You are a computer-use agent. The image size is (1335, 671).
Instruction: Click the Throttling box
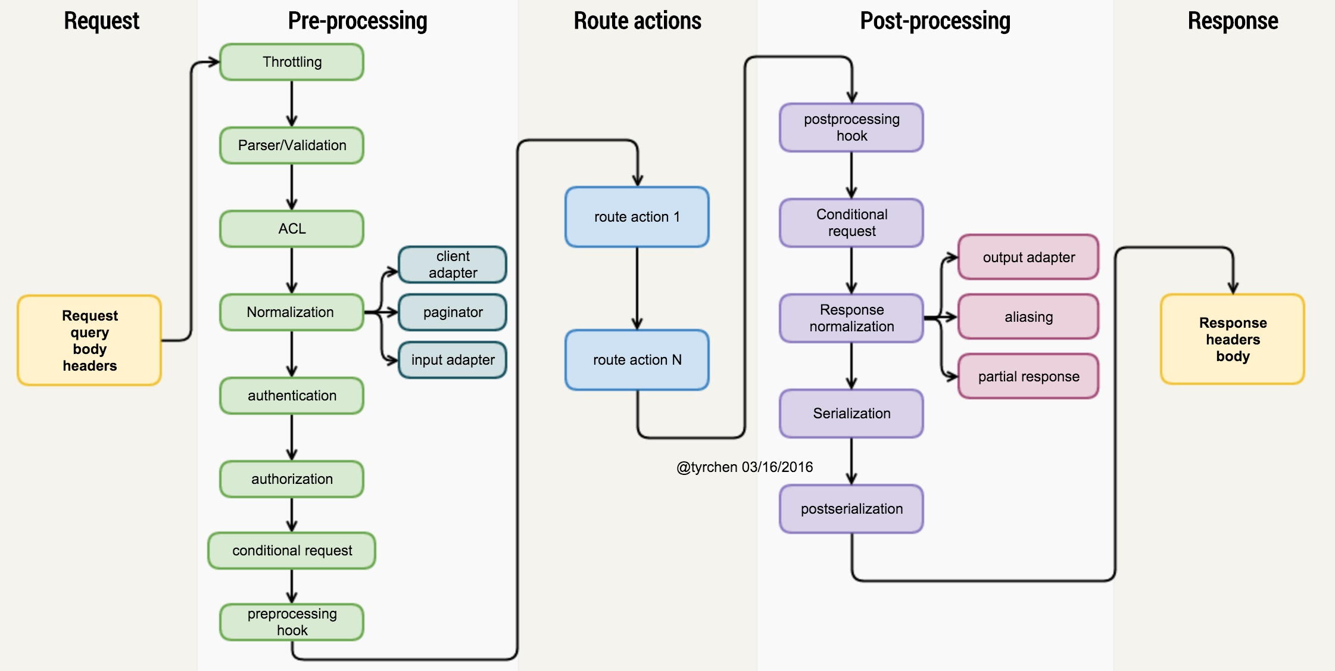292,62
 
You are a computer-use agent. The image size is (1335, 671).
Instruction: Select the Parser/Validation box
292,145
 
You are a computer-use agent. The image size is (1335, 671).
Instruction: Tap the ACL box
292,229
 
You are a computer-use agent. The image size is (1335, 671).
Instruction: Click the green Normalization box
291,312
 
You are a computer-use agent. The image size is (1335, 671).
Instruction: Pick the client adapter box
453,265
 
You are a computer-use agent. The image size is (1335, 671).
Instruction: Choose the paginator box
453,312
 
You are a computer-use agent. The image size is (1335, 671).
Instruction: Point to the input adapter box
453,360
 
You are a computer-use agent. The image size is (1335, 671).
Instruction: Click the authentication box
292,396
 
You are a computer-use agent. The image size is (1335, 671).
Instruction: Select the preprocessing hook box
292,622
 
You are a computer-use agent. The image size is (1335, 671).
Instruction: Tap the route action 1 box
637,217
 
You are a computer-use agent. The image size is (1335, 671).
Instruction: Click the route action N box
637,360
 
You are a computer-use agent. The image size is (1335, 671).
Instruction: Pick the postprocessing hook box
851,128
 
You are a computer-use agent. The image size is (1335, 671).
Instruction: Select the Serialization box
851,414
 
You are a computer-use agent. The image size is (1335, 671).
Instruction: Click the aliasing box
1028,317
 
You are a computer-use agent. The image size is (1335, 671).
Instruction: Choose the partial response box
1028,377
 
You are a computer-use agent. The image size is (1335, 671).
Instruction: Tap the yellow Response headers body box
1233,340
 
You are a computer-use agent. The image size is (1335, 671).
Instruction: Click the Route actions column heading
637,21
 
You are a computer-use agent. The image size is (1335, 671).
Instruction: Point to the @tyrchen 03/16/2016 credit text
744,467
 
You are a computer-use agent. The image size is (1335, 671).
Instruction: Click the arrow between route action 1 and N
637,288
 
